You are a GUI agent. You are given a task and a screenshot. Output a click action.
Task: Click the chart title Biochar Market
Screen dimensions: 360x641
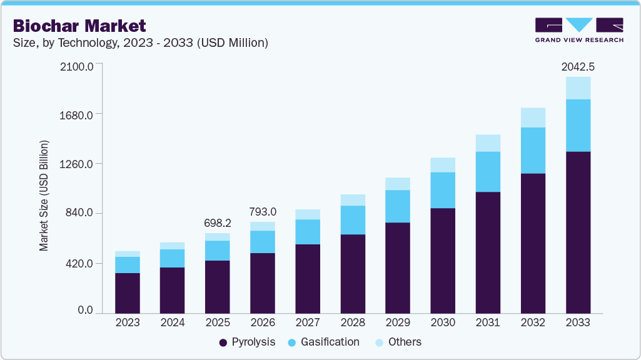(x=79, y=26)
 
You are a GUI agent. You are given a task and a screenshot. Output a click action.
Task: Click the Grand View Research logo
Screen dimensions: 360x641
(x=579, y=30)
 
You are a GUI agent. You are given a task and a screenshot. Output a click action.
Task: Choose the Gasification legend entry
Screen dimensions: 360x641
(x=323, y=342)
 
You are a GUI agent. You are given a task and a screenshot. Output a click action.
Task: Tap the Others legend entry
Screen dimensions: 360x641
(x=398, y=342)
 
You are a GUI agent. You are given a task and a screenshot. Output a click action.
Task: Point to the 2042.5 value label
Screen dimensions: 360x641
(x=578, y=66)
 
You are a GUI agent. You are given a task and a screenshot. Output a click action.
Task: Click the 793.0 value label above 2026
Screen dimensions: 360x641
(x=262, y=211)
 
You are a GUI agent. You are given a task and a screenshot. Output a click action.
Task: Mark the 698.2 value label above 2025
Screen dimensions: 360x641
(x=217, y=222)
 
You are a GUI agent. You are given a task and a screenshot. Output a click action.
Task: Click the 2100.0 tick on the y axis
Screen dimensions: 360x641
(x=78, y=66)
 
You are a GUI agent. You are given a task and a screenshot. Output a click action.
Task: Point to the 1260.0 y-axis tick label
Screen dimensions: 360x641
(x=78, y=164)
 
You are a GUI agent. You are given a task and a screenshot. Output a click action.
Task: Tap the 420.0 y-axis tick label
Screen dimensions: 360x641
(x=80, y=263)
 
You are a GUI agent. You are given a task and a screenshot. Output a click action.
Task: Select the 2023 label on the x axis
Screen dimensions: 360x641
(x=128, y=322)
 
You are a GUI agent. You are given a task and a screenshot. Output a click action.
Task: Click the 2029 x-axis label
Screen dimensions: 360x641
(x=398, y=322)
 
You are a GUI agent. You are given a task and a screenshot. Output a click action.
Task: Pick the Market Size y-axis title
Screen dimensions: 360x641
(x=44, y=196)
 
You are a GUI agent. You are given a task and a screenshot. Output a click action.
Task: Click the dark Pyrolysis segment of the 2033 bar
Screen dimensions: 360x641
(x=578, y=231)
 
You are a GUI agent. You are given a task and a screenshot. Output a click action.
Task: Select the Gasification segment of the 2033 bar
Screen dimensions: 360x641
(x=578, y=125)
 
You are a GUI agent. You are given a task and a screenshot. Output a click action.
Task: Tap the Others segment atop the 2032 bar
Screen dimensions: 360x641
(x=533, y=117)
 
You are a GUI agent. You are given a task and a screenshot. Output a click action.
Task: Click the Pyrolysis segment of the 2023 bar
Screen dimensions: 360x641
(x=128, y=292)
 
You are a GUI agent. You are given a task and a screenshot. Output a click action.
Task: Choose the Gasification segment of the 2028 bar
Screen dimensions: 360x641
(x=353, y=220)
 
